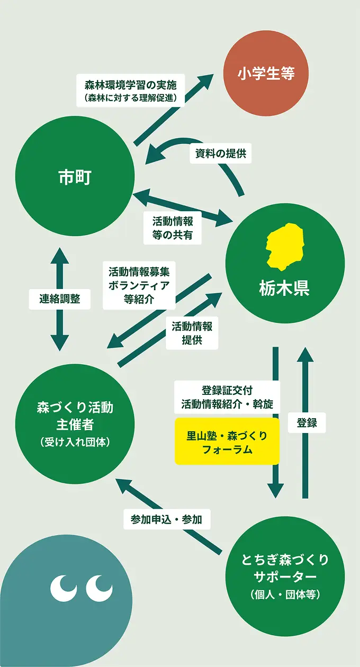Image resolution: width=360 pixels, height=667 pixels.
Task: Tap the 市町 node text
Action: tap(75, 177)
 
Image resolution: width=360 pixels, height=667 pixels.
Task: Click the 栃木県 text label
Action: tap(284, 289)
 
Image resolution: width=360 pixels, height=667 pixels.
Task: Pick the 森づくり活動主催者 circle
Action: tap(75, 423)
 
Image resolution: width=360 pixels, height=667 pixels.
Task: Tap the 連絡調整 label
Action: tap(59, 299)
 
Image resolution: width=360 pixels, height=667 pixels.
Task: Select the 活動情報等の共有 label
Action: tap(173, 228)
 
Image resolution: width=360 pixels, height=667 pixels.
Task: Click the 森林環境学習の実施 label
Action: tap(134, 90)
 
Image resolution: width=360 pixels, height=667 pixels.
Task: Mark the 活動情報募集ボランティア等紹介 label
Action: tap(139, 285)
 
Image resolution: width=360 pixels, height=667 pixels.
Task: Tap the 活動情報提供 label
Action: tap(192, 333)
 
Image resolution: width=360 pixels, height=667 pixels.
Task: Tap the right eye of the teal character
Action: tap(100, 584)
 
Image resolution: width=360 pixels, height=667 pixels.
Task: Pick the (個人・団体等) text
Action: tap(285, 595)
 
